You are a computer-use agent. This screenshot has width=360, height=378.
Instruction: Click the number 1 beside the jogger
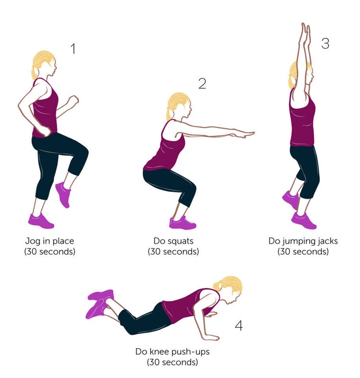[73, 49]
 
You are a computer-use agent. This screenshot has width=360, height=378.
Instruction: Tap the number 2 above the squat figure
[202, 84]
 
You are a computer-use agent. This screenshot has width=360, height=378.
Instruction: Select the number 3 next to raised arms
[325, 43]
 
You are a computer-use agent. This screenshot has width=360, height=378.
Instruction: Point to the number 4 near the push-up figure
[238, 326]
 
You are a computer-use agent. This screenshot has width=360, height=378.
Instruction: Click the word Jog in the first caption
[33, 241]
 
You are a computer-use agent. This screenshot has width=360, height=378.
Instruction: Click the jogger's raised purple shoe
[63, 195]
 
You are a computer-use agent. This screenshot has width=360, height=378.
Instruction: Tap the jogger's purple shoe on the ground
[41, 221]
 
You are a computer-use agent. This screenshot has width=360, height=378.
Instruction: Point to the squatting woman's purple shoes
[183, 223]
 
